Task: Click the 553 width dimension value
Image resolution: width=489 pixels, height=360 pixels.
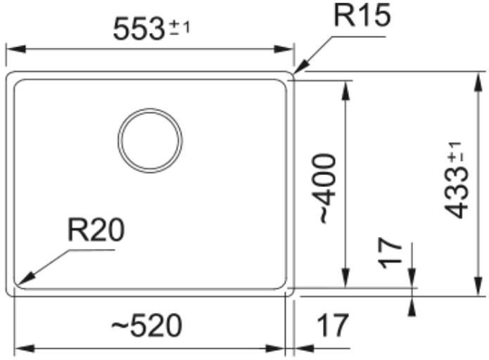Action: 139,29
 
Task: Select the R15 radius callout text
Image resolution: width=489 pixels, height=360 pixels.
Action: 362,15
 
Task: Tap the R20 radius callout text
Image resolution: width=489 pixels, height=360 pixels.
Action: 96,230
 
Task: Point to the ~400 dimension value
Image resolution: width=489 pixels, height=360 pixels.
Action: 328,188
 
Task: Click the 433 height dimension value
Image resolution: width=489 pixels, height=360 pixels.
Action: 457,193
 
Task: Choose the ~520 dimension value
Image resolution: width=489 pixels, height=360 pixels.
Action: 146,325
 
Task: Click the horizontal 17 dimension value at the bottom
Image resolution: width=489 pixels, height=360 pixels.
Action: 332,326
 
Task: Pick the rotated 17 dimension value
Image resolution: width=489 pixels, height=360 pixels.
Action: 390,253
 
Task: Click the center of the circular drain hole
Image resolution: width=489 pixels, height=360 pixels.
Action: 150,141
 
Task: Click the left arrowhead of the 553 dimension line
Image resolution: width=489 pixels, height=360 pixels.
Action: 15,49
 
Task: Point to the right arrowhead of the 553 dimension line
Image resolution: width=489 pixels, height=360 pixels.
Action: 284,49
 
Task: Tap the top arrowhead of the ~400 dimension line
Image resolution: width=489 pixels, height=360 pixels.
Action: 345,90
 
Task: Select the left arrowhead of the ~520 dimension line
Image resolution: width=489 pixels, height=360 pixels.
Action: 25,349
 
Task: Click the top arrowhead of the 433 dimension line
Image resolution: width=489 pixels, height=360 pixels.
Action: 478,82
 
